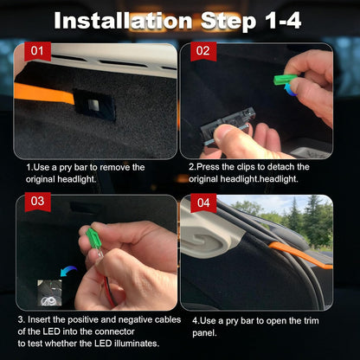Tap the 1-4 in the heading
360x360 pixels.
point(276,20)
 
